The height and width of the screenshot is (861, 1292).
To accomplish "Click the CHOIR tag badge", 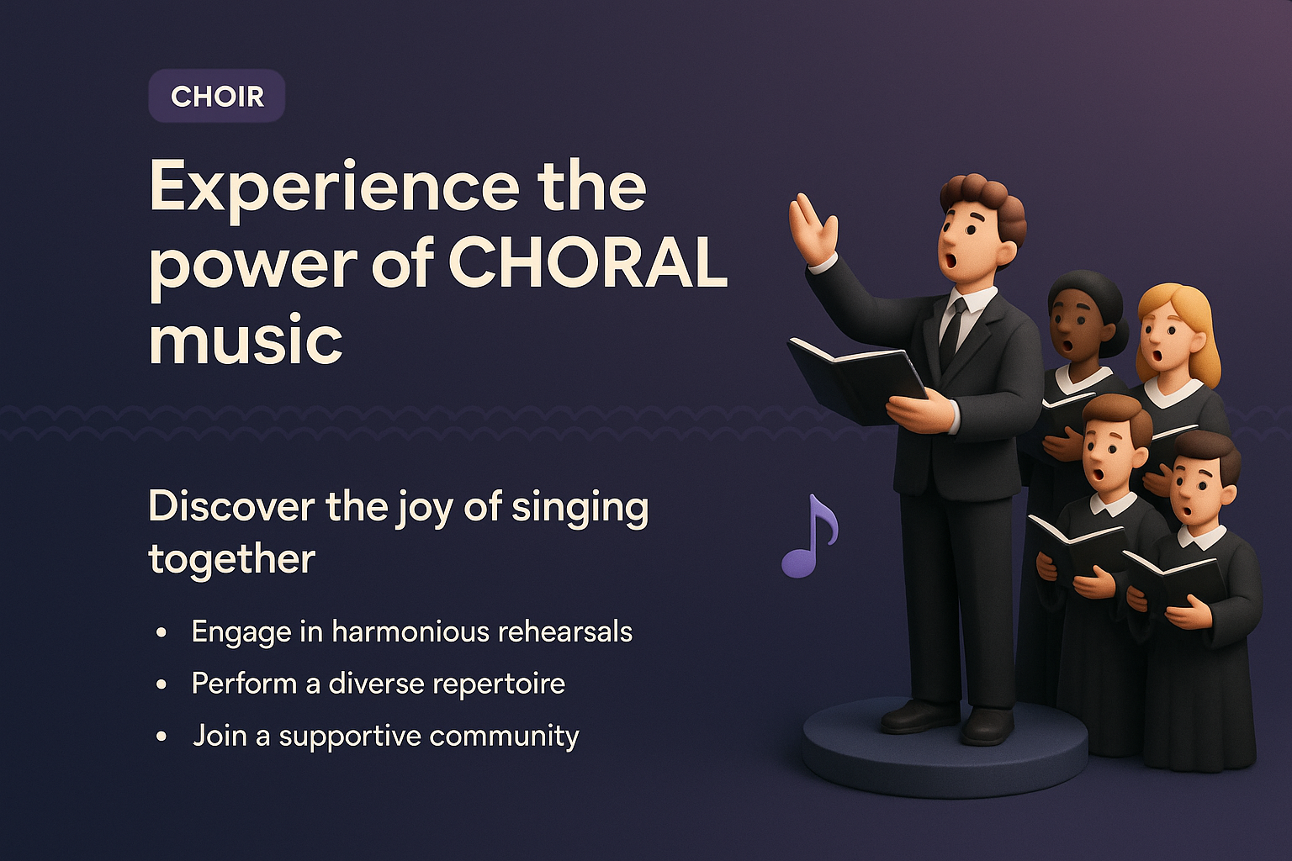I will click(x=217, y=97).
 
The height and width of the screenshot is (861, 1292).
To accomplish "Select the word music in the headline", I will click(x=246, y=340).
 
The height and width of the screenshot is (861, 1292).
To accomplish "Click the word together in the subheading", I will click(x=231, y=559).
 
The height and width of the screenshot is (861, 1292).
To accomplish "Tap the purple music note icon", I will click(x=809, y=538).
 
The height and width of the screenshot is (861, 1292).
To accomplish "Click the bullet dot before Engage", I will click(x=161, y=632).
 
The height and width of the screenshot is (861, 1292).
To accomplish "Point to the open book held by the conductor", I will click(x=854, y=377).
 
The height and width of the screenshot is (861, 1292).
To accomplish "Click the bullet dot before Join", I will click(x=161, y=737).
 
